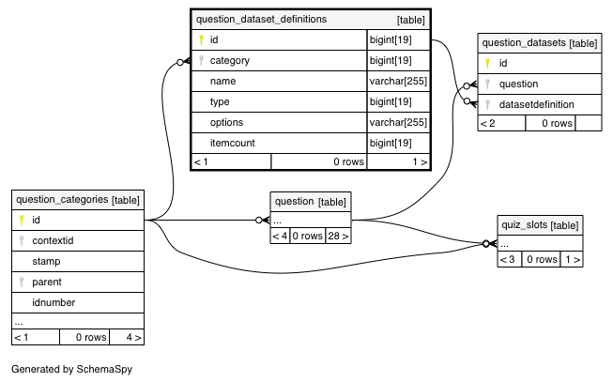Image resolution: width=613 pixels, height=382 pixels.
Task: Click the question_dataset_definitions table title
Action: pos(261,19)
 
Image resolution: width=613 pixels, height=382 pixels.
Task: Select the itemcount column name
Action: pos(232,143)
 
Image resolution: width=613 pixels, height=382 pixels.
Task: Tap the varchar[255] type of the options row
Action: pos(398,122)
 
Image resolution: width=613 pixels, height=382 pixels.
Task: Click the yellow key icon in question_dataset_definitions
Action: pos(201,39)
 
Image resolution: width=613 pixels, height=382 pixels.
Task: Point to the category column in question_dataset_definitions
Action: pos(229,61)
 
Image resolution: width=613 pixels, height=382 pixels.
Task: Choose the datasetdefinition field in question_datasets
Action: pos(536,104)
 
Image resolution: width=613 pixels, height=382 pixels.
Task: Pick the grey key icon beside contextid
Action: pos(22,240)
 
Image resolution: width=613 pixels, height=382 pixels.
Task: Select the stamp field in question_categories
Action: pos(46,261)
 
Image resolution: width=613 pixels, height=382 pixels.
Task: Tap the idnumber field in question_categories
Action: pos(54,302)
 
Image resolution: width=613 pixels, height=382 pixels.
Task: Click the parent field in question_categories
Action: pos(47,282)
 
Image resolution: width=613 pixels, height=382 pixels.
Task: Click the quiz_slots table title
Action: pos(524,225)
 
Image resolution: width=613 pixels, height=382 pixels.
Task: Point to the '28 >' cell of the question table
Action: pos(338,236)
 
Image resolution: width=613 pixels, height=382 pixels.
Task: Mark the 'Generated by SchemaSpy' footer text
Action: pos(72,369)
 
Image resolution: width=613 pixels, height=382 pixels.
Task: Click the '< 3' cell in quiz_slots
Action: pos(509,259)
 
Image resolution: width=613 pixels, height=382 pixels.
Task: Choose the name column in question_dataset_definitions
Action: pos(222,81)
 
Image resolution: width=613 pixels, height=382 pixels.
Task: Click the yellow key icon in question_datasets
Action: pos(487,63)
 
